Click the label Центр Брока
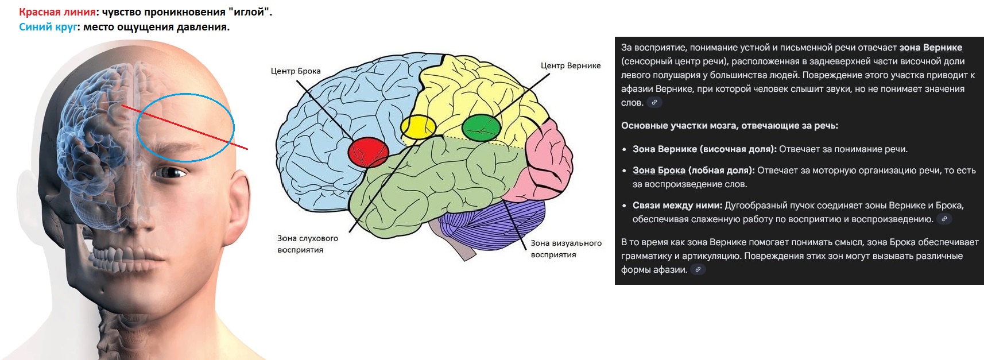[x=296, y=71]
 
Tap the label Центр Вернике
[x=571, y=66]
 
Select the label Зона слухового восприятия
[x=308, y=244]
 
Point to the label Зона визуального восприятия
[x=566, y=249]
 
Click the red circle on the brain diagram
[x=368, y=152]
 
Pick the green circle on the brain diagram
[x=482, y=127]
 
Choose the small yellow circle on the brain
[x=418, y=127]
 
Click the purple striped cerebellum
[x=492, y=224]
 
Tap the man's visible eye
[x=169, y=172]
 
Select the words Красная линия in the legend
[x=57, y=12]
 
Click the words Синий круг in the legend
[x=48, y=27]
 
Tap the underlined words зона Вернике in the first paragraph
[x=931, y=48]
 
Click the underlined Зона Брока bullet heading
[x=658, y=170]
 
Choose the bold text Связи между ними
[x=677, y=206]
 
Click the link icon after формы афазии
[x=698, y=269]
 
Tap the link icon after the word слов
[x=654, y=102]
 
